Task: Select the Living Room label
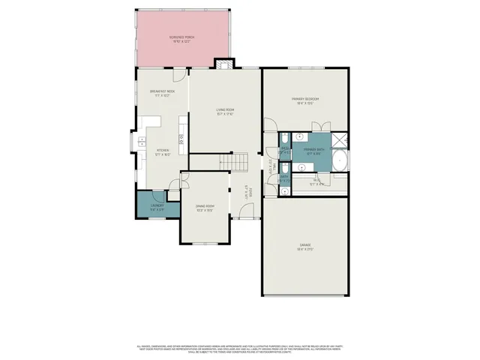pyautogui.click(x=225, y=112)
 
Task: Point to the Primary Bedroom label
pyautogui.click(x=307, y=100)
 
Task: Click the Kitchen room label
pyautogui.click(x=163, y=152)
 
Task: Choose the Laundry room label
pyautogui.click(x=157, y=206)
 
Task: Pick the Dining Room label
pyautogui.click(x=205, y=208)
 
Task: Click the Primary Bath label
pyautogui.click(x=313, y=151)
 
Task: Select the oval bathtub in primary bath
pyautogui.click(x=340, y=160)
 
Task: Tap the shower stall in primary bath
pyautogui.click(x=340, y=139)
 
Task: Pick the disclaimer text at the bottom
pyautogui.click(x=240, y=348)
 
